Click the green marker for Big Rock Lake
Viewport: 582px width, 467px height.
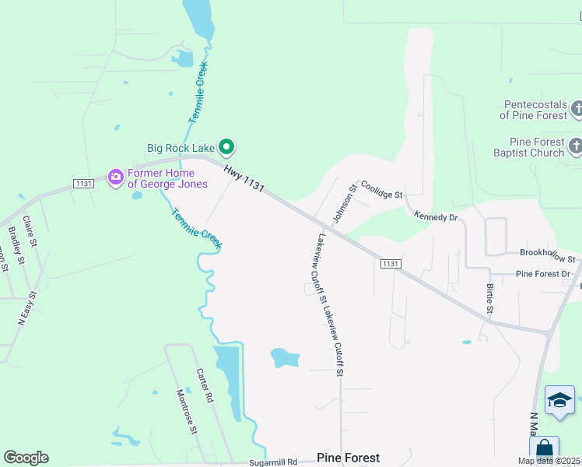click(226, 146)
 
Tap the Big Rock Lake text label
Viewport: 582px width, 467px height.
click(181, 147)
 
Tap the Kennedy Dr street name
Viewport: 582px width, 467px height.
click(436, 216)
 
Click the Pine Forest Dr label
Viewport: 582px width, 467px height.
click(543, 274)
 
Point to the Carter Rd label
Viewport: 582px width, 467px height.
click(205, 385)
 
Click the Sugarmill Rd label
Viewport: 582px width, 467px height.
click(273, 462)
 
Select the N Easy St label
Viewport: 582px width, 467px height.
click(27, 308)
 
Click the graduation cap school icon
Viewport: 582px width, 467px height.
click(560, 400)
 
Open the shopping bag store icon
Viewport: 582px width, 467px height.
click(544, 450)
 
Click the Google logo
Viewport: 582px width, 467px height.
click(26, 457)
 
